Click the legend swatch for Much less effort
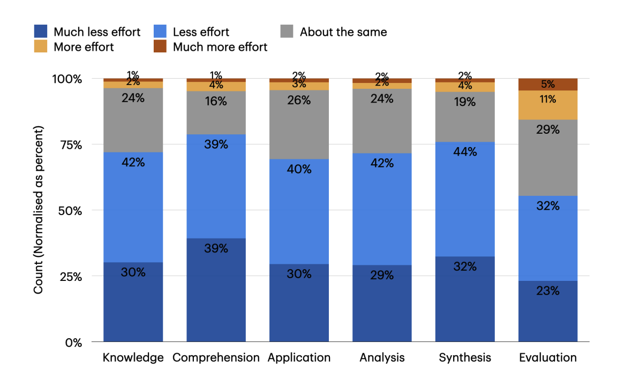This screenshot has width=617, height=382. pos(41,32)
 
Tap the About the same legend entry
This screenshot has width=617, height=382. pos(343,32)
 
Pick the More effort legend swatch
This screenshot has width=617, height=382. pos(41,47)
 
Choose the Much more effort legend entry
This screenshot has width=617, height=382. pos(220,47)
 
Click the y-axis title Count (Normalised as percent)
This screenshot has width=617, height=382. pos(39,210)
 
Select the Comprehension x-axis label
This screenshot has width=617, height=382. pos(216,357)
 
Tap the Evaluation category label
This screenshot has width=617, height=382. pos(548,357)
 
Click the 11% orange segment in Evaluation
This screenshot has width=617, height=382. pos(548,105)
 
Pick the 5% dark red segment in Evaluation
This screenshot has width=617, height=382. pos(548,85)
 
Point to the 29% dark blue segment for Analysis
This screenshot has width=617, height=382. pos(382,303)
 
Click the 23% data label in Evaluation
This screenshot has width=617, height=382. pos(548,291)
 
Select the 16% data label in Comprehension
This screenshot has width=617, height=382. pos(216,101)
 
